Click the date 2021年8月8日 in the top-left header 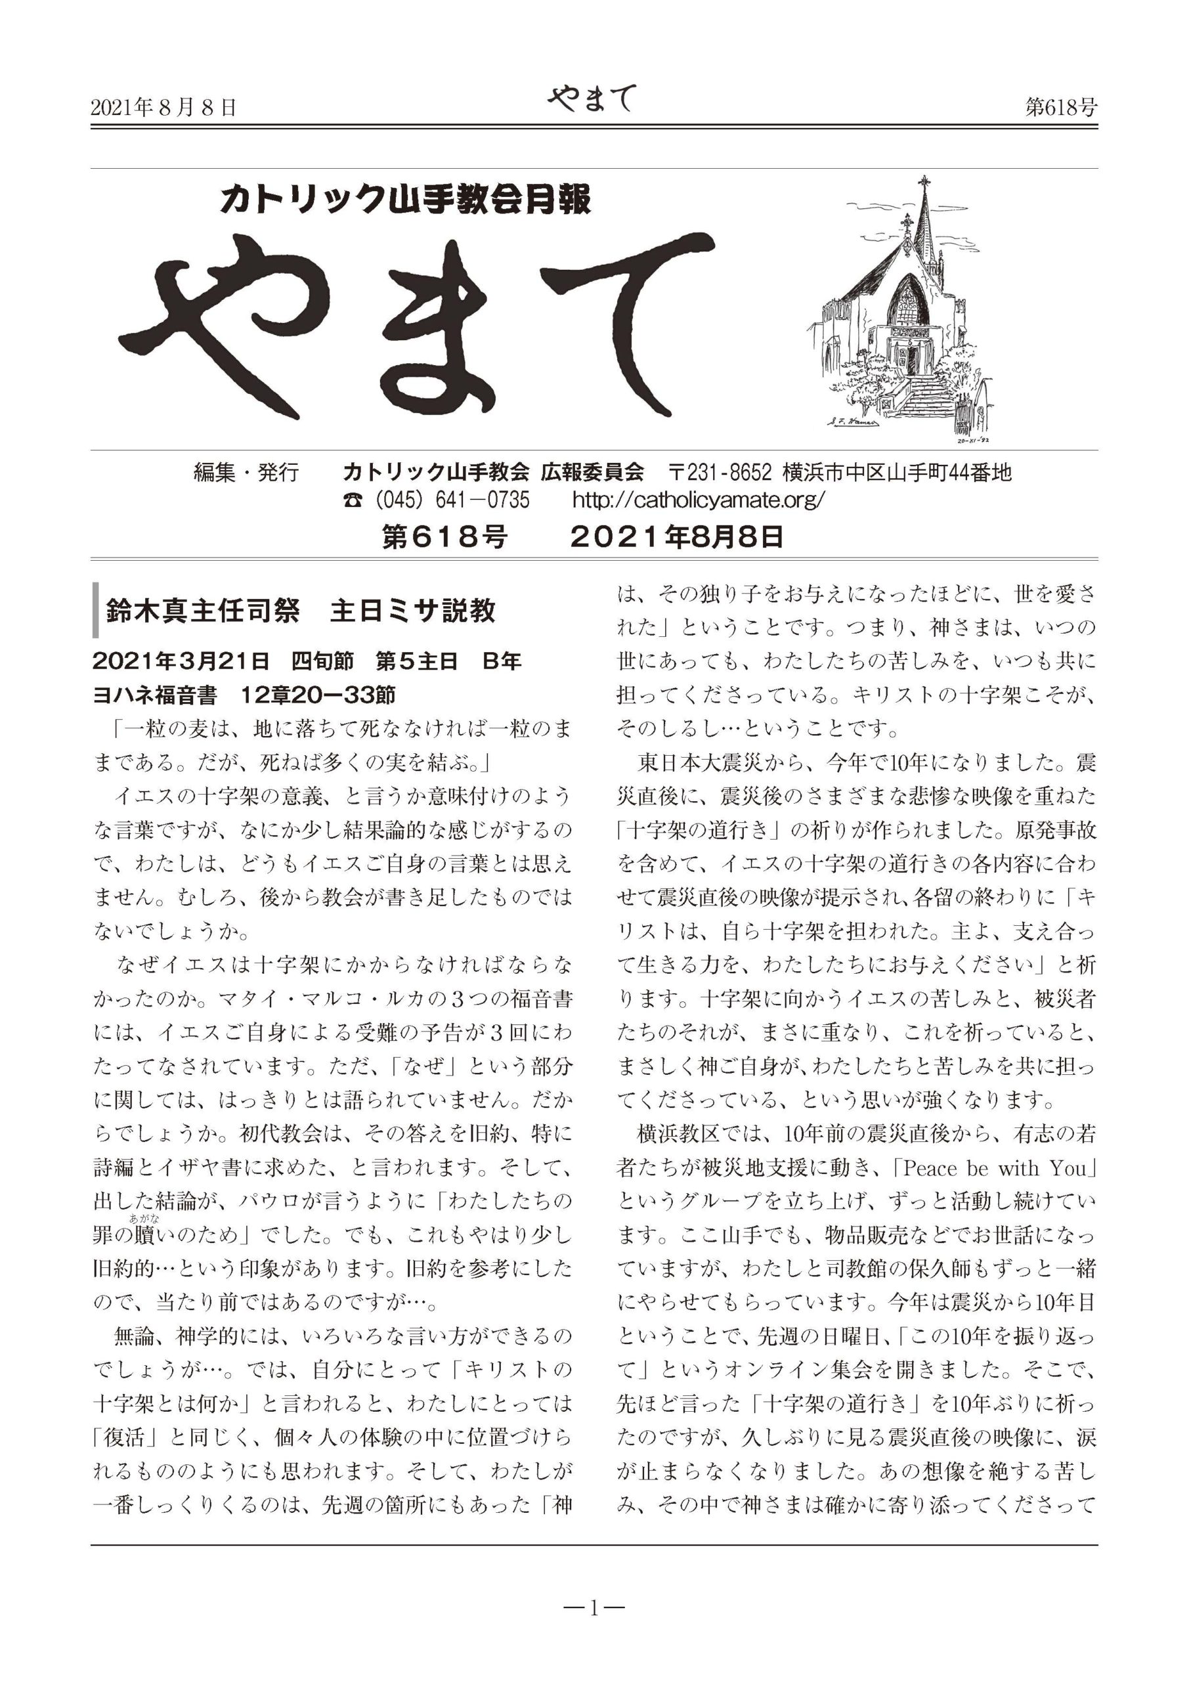click(163, 108)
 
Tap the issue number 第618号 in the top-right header click(1061, 108)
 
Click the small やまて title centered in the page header click(592, 100)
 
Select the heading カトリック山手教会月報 click(406, 198)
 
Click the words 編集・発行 click(246, 472)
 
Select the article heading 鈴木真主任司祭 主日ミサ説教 click(301, 611)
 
